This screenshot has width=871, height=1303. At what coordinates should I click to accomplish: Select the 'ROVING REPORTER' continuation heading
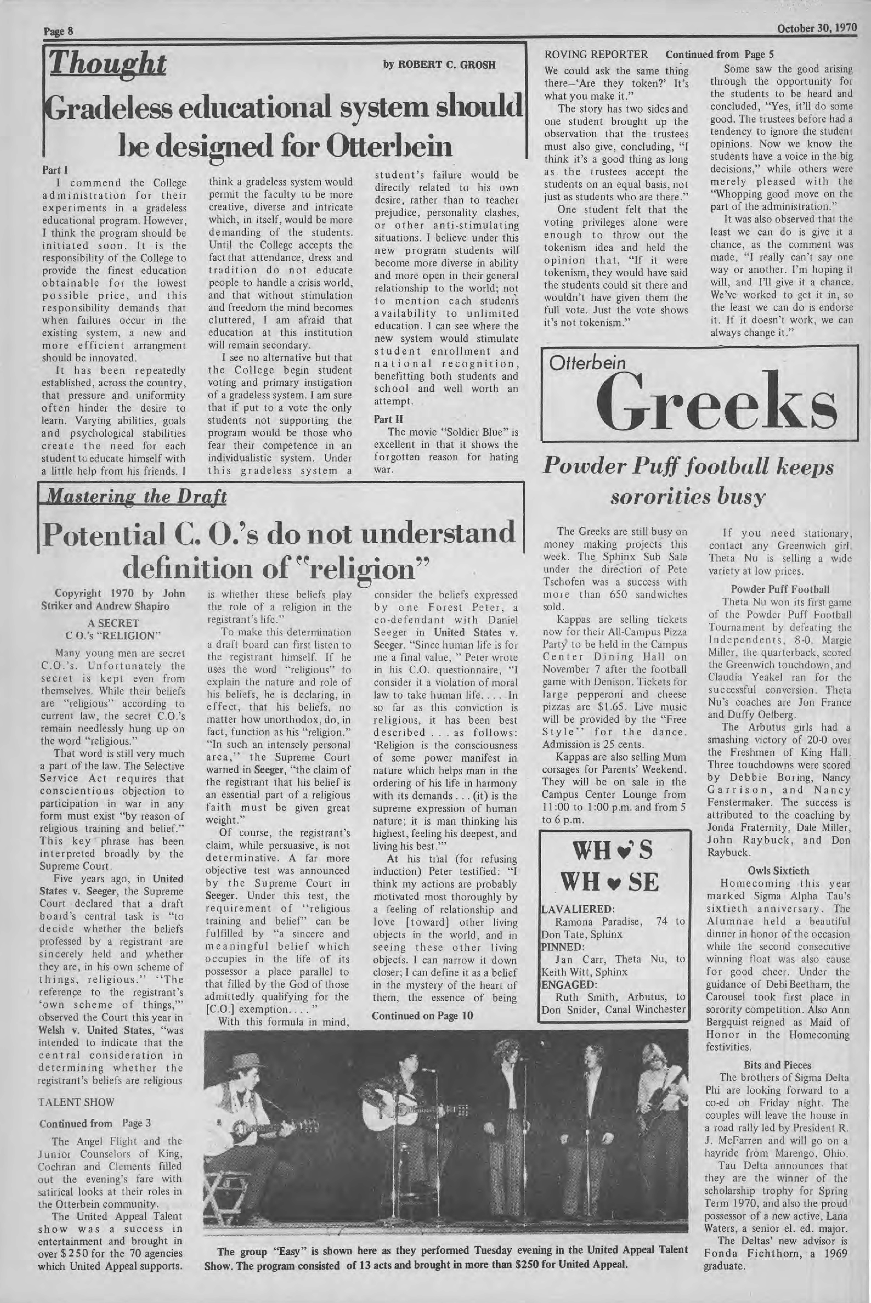(596, 54)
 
